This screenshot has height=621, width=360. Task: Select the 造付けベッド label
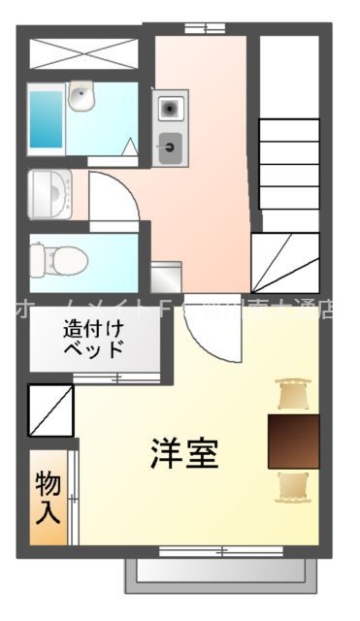coord(93,339)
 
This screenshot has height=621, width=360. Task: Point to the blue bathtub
coord(45,118)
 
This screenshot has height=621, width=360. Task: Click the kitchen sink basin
coord(171,147)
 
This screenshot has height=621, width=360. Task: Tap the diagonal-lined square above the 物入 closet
coord(50,409)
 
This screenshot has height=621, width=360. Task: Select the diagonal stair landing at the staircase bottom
coord(285,261)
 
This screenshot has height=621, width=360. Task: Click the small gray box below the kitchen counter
coord(166,277)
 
